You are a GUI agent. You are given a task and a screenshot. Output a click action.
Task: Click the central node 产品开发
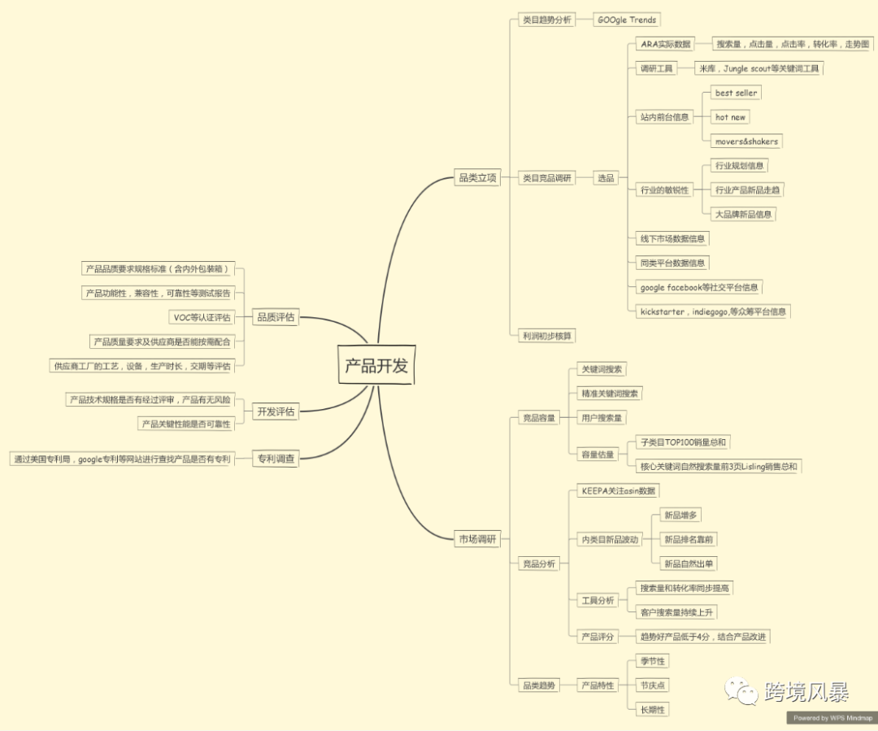376,366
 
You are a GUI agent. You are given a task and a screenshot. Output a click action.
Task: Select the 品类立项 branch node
477,177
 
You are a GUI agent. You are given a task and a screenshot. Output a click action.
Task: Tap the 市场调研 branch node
477,538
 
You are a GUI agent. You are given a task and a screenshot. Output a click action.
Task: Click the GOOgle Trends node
626,20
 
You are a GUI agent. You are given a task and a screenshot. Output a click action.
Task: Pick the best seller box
736,93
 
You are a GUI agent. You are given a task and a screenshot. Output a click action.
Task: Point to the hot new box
730,117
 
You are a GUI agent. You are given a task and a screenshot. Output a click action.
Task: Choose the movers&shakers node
746,141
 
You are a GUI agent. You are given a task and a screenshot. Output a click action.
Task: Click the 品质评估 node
276,317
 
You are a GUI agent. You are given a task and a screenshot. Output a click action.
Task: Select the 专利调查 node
276,459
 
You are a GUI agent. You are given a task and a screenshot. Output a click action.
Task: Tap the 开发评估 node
276,411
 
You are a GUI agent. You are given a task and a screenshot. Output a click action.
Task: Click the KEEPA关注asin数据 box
618,490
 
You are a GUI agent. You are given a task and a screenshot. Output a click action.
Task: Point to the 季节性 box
653,661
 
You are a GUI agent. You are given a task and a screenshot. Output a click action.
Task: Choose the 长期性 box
653,710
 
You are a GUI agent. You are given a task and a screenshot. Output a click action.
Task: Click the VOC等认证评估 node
201,317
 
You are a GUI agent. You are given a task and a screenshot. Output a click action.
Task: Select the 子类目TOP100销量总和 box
683,442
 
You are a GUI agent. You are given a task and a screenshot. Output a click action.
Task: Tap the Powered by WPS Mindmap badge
832,718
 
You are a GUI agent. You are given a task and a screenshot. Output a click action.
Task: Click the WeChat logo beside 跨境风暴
742,692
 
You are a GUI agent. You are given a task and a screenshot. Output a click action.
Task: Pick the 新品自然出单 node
689,563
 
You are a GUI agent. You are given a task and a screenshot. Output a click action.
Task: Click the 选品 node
606,177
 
